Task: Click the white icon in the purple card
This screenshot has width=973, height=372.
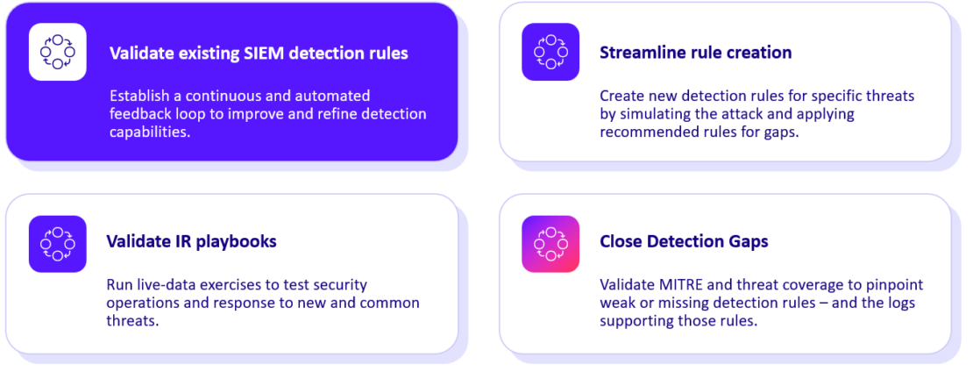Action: [x=57, y=52]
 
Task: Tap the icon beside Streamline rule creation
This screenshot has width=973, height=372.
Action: [x=550, y=52]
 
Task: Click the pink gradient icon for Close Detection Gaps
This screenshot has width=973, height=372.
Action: [x=550, y=243]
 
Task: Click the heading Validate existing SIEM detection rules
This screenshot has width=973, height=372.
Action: [x=259, y=54]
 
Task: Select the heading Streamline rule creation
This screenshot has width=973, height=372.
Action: [x=695, y=53]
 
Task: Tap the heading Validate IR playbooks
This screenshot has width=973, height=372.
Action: [x=191, y=241]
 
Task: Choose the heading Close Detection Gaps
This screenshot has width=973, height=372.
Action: [x=684, y=241]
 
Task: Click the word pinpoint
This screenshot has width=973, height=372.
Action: [x=893, y=285]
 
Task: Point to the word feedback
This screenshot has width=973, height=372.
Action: [x=145, y=114]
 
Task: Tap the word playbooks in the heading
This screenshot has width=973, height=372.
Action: [x=235, y=241]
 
